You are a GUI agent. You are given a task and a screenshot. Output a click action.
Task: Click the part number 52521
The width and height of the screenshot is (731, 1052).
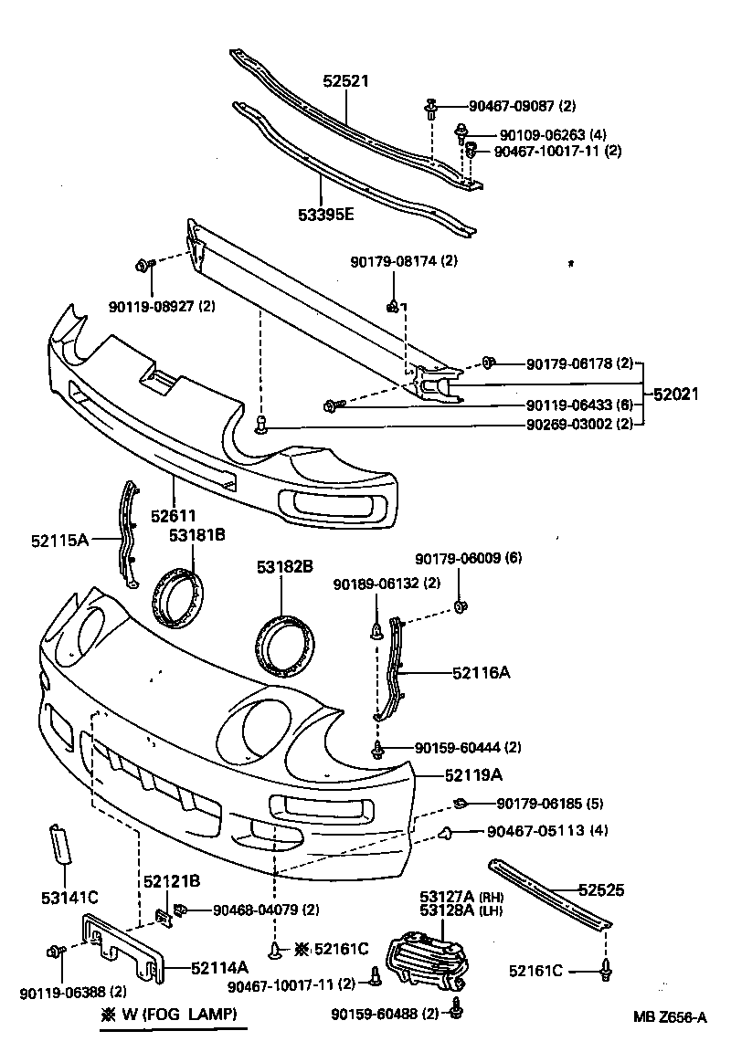345,81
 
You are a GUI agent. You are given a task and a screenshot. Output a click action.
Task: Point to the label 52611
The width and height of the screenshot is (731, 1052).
174,516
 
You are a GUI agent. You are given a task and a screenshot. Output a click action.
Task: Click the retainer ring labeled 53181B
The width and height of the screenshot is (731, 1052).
175,598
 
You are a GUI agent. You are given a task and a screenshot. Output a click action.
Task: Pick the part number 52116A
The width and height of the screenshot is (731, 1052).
481,673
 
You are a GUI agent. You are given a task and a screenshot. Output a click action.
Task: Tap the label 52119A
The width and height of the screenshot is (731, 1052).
474,776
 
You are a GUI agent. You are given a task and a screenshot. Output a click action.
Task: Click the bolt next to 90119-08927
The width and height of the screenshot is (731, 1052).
143,265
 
